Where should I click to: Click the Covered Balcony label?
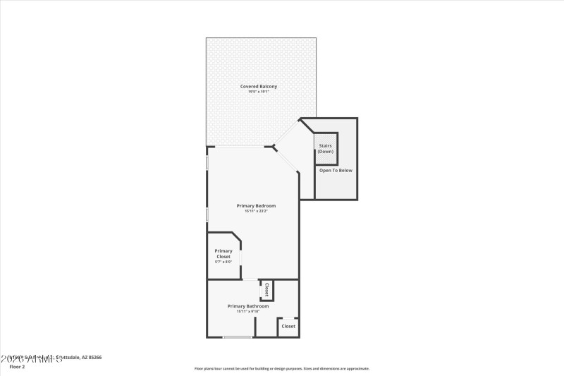(259, 86)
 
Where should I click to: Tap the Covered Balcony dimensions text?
(259, 92)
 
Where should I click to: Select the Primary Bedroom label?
(256, 205)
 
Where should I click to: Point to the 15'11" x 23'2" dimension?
(256, 211)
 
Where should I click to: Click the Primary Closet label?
(223, 253)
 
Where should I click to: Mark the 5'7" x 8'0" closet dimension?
(223, 262)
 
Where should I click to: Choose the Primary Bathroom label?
(247, 305)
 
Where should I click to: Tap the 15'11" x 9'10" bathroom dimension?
(247, 311)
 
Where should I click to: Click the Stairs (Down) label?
(326, 149)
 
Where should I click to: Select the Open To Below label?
(336, 170)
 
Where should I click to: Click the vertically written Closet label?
(266, 289)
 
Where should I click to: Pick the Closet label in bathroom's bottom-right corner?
(288, 326)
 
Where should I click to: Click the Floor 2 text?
(17, 367)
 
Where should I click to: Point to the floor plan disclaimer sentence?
(281, 368)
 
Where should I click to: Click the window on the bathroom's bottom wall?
(238, 337)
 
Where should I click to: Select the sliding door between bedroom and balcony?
(240, 147)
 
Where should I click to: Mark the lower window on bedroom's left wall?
(207, 214)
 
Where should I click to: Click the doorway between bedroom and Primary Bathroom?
(250, 280)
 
